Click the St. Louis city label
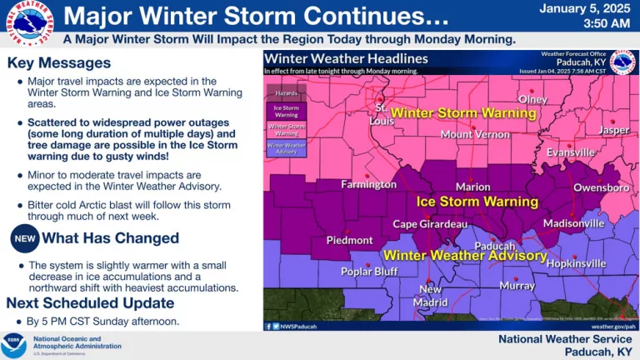pos(382,114)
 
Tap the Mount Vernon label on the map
pos(474,134)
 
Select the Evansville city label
pos(571,152)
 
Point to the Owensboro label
pos(601,187)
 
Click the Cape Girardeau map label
pos(431,225)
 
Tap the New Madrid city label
pos(431,296)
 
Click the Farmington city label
pos(368,183)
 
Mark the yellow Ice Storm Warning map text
pos(477,202)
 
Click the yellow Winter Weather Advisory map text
pos(464,255)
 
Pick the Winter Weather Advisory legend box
pos(285,146)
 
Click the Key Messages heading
pos(58,63)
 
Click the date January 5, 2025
pos(582,9)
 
